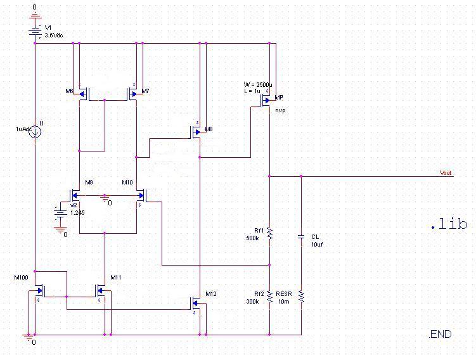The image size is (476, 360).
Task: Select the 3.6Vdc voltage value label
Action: (x=54, y=35)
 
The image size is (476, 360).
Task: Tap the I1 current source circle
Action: (x=35, y=131)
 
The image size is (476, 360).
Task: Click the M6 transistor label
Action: (x=69, y=91)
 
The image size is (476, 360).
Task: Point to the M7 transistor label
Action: (x=146, y=91)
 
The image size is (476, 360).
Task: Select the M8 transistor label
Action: (x=209, y=129)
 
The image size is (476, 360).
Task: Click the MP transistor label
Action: (x=279, y=98)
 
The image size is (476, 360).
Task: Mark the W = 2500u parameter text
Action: (x=258, y=84)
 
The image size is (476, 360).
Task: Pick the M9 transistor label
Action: (x=89, y=183)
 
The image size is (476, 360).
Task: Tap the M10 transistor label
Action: (x=127, y=183)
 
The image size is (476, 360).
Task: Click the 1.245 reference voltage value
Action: (x=77, y=213)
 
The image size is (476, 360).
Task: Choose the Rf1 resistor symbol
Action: (x=269, y=233)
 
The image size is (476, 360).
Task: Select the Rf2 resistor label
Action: (x=259, y=294)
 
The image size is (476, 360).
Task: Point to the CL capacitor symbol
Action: (x=301, y=236)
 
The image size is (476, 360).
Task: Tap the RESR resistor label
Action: (x=283, y=294)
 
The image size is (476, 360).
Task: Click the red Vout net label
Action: (x=446, y=173)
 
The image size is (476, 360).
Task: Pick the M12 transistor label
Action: (x=210, y=294)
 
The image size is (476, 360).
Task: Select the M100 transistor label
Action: (x=22, y=277)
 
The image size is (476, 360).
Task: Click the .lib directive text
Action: (x=449, y=224)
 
